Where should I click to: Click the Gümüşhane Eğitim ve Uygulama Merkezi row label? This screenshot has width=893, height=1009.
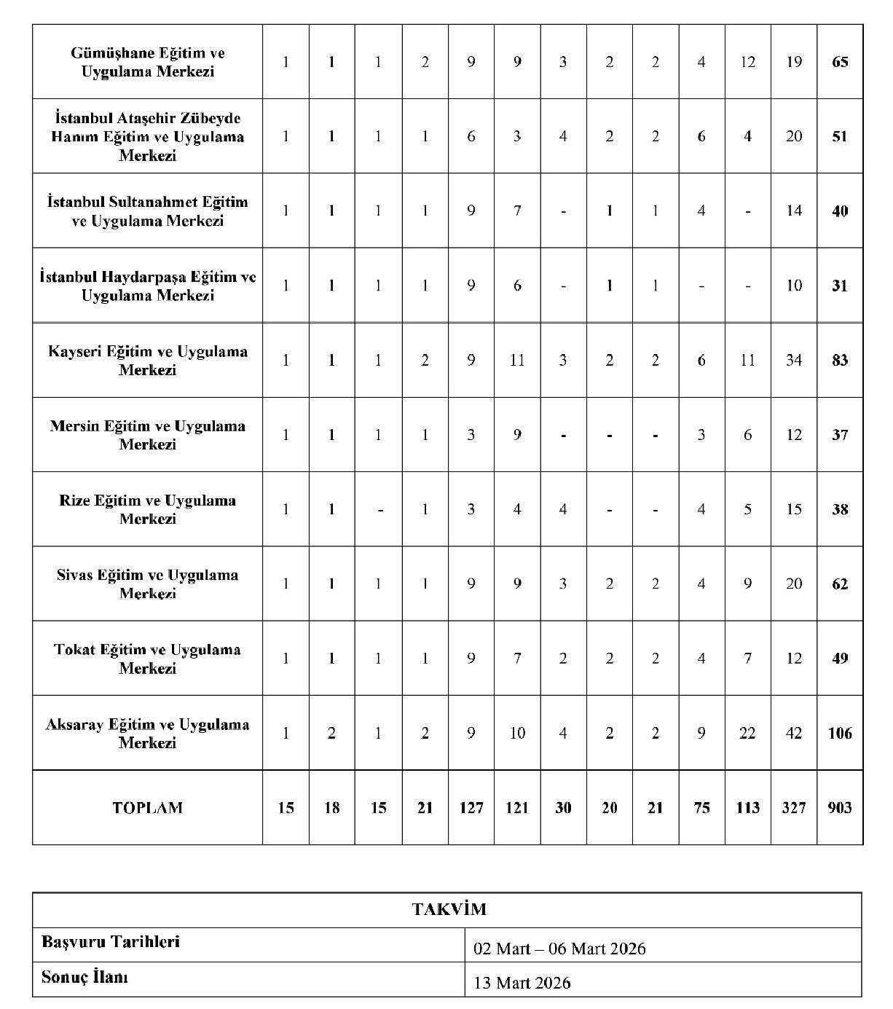(x=148, y=63)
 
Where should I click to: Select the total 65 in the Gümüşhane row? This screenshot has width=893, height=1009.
(x=840, y=63)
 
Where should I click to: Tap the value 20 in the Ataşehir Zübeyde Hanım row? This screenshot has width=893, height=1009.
(x=794, y=137)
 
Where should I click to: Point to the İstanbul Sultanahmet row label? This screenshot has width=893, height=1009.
(x=148, y=211)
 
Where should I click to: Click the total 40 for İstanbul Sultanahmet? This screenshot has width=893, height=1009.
(x=840, y=212)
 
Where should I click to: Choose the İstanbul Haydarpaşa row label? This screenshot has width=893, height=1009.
(x=148, y=286)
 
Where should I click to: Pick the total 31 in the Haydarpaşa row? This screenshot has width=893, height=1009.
(x=840, y=286)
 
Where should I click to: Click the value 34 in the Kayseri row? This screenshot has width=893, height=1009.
(x=794, y=361)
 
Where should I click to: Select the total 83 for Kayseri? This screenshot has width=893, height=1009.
(x=840, y=361)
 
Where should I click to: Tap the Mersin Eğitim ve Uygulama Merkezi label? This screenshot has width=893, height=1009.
(x=148, y=435)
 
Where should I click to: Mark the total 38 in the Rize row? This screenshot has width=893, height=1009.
(x=840, y=510)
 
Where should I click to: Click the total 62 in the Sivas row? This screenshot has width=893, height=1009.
(x=840, y=584)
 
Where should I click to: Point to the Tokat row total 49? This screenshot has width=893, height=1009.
(x=840, y=659)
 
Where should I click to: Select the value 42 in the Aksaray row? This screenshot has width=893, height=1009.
(x=794, y=734)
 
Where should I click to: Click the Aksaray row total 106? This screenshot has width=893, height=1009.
(x=840, y=734)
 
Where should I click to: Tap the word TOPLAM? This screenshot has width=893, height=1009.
(x=148, y=808)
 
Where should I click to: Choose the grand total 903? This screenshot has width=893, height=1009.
(x=840, y=808)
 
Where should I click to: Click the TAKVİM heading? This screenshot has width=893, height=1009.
(x=449, y=910)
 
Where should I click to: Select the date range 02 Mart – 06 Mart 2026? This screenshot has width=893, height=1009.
(x=559, y=949)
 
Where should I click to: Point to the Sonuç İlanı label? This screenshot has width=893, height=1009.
(x=85, y=978)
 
